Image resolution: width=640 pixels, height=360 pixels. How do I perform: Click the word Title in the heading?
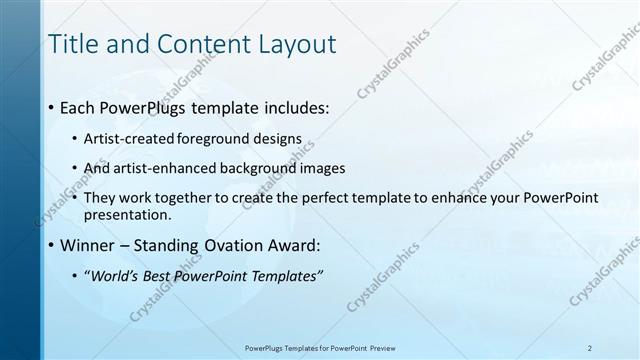76,44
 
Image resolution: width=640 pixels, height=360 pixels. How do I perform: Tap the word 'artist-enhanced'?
170,169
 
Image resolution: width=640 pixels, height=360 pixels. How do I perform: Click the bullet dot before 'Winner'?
51,245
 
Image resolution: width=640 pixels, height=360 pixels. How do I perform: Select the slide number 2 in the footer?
590,348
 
